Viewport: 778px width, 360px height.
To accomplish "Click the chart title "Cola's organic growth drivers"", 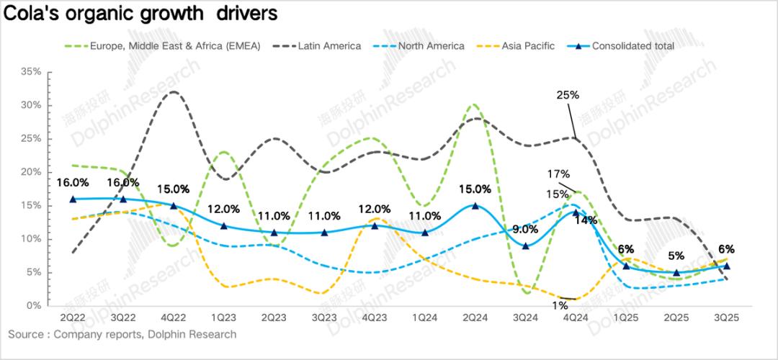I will [140, 14].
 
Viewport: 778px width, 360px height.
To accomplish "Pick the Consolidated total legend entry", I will [632, 46].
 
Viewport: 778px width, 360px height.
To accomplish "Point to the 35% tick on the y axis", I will [31, 72].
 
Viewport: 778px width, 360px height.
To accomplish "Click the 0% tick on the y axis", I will [33, 306].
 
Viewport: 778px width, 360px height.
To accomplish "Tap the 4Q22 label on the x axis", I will [173, 318].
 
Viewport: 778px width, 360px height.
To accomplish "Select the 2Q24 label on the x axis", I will [475, 318].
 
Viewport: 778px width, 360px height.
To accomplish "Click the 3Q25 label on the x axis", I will [726, 318].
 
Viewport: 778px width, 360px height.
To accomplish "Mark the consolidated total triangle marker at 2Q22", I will [73, 199].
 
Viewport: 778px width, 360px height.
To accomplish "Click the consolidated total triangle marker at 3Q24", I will [525, 246].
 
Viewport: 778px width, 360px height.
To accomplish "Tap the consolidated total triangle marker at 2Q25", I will [676, 272].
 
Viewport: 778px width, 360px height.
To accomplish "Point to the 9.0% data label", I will [525, 230].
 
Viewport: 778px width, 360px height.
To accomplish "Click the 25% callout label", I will [568, 95].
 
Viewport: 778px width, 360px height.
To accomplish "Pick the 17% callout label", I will [558, 174].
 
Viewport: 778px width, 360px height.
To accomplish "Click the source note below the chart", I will [122, 335].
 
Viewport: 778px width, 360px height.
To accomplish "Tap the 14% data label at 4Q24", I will [586, 220].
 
